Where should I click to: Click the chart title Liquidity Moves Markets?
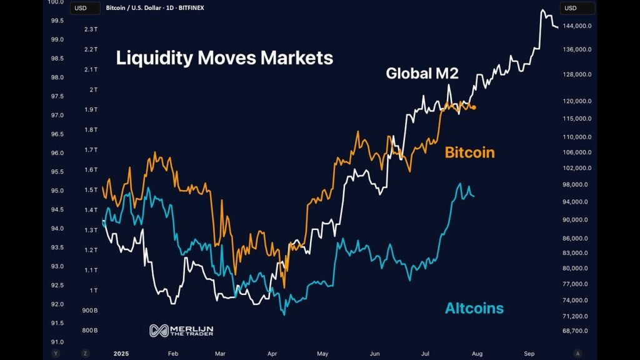click(224, 58)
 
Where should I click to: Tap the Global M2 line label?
click(422, 73)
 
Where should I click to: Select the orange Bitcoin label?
click(469, 152)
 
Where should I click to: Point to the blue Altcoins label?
click(474, 308)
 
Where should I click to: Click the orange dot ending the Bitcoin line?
click(474, 107)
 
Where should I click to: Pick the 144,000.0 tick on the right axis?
click(577, 26)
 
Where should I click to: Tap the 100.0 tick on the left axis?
click(57, 2)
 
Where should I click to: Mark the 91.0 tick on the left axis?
click(57, 342)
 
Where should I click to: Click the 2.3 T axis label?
click(91, 29)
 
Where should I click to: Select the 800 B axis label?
click(91, 331)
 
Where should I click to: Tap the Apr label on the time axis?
click(272, 353)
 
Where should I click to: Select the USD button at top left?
click(80, 8)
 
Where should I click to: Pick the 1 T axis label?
click(94, 290)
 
